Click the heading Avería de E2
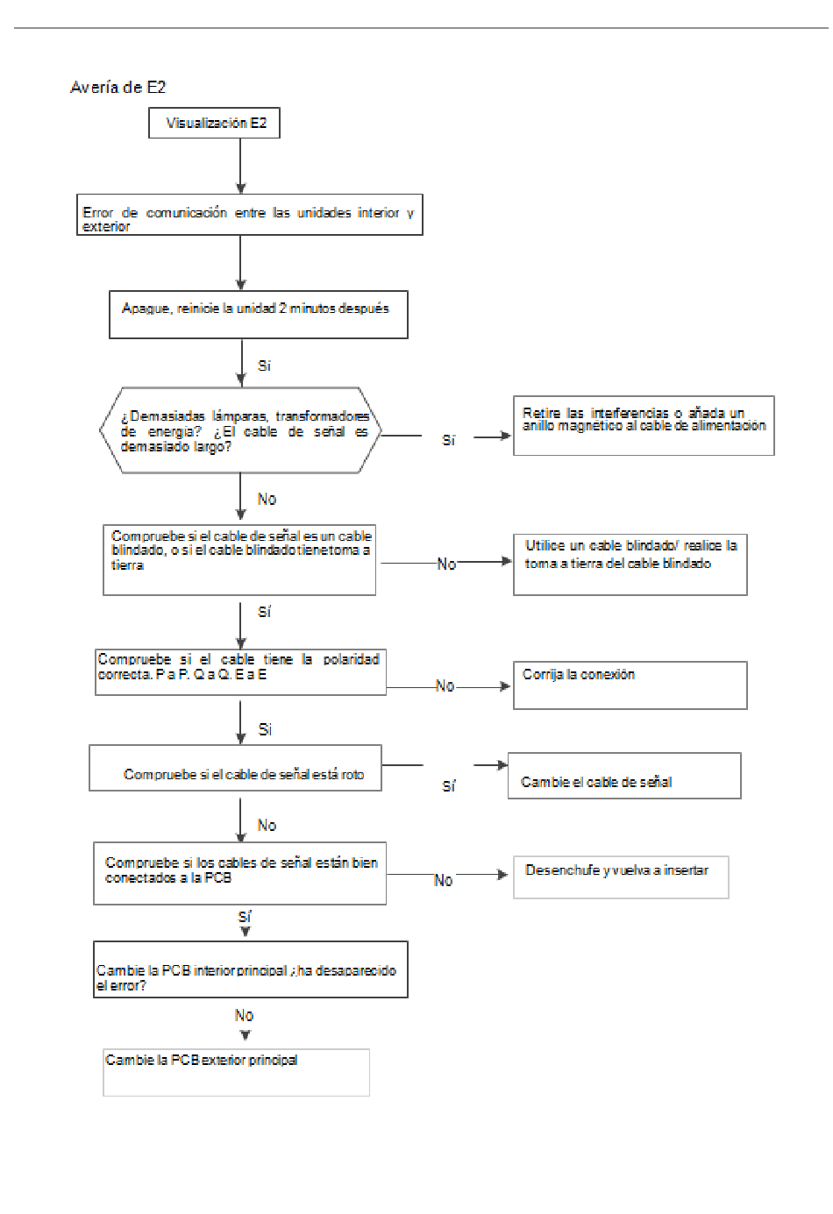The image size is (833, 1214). tap(117, 88)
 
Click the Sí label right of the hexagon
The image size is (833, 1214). tap(448, 440)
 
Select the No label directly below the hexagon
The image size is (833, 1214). tap(267, 499)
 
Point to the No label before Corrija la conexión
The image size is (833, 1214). tap(445, 685)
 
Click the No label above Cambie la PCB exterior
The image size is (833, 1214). tap(244, 1015)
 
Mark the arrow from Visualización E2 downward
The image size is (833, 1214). tap(241, 167)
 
